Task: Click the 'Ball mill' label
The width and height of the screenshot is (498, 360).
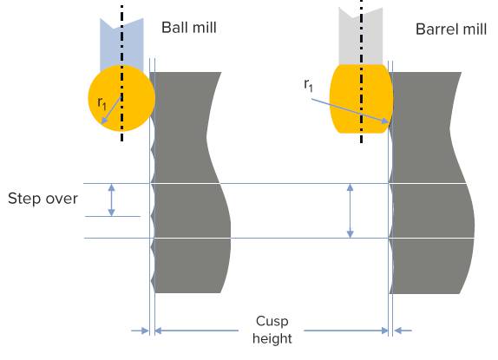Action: point(189,27)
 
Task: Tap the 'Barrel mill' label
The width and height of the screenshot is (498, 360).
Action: point(451,29)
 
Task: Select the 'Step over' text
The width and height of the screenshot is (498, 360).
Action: point(43,199)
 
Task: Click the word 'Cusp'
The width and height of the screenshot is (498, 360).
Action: point(272,321)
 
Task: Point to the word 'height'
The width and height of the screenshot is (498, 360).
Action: point(272,338)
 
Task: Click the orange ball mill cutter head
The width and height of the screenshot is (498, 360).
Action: point(121,98)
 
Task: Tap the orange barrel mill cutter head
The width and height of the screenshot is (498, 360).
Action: point(362,98)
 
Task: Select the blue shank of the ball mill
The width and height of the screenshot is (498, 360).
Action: point(121,43)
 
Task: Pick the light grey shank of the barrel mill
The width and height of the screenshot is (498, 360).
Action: point(361,36)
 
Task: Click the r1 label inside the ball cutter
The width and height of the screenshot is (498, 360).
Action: point(102,103)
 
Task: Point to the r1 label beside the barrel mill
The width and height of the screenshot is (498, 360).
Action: point(308,85)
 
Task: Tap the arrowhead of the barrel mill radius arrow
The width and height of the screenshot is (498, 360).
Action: point(385,121)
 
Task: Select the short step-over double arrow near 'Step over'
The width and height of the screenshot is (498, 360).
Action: point(111,200)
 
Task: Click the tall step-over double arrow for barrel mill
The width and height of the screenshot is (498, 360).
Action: point(350,211)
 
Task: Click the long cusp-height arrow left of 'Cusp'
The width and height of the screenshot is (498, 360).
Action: point(197,331)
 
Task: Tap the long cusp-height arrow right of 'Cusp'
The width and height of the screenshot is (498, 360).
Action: point(346,331)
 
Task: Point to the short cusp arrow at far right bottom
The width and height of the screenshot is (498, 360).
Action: point(403,331)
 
